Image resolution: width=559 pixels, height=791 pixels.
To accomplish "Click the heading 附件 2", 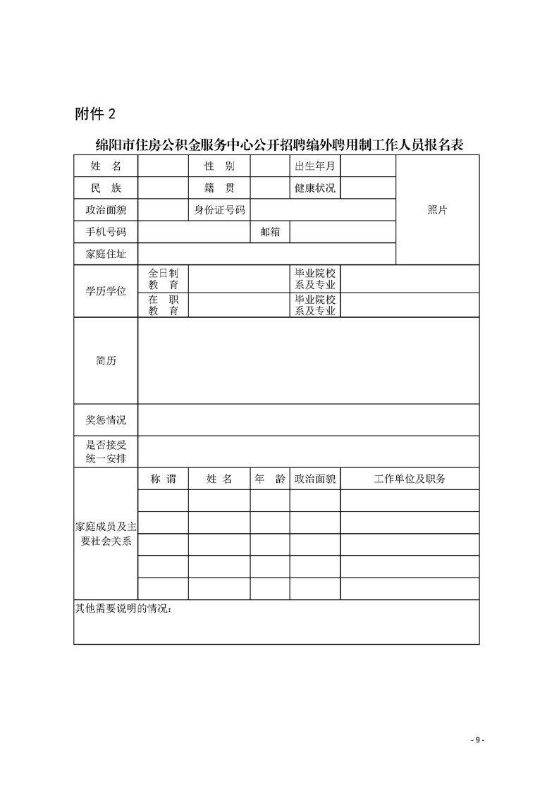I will pos(94,114).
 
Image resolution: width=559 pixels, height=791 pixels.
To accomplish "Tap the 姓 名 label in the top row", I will pos(106,166).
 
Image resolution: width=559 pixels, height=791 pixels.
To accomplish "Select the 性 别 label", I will pos(219,166).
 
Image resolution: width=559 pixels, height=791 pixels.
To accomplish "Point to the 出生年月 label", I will pos(315,166).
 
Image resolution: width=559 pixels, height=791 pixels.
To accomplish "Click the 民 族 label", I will pos(106,188).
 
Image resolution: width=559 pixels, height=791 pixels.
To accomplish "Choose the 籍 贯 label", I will pos(219,188).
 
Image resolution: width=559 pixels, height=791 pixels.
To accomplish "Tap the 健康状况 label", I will pos(315,188).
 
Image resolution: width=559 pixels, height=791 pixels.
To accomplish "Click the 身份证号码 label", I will pos(219,210).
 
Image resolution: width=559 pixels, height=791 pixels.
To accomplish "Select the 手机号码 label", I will pos(106,231).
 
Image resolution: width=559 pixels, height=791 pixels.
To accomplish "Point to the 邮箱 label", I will pos(270,231).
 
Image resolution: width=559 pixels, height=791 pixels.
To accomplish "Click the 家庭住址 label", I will pos(106,254).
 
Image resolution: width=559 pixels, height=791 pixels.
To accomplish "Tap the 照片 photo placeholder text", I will pos(437,210).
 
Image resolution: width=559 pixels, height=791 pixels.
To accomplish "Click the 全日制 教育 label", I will pos(163,278).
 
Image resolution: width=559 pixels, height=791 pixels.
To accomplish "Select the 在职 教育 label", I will pos(163,305).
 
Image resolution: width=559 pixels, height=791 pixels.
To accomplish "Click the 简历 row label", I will pos(106,361).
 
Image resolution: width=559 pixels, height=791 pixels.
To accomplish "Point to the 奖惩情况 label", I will pos(106,420).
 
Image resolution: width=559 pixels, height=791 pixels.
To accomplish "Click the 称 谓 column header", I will pos(163,479).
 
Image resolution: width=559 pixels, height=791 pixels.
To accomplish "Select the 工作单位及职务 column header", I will pos(410,479).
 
